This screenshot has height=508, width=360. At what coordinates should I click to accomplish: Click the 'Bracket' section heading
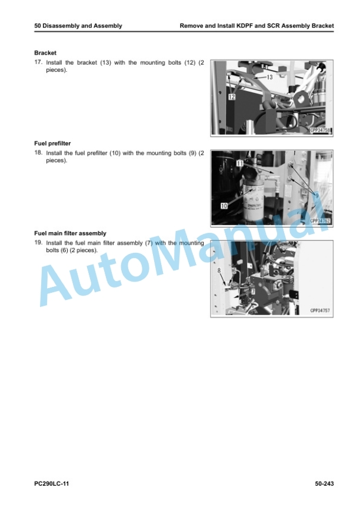click(x=45, y=53)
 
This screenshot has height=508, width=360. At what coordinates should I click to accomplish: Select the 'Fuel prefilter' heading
click(x=52, y=143)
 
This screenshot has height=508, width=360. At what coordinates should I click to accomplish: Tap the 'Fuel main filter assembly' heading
click(x=71, y=233)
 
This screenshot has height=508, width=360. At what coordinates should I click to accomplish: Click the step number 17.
click(x=38, y=62)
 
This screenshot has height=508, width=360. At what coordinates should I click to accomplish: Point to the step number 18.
click(x=38, y=152)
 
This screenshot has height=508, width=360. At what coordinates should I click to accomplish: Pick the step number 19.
click(x=38, y=242)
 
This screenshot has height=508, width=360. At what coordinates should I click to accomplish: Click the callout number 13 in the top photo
click(x=269, y=77)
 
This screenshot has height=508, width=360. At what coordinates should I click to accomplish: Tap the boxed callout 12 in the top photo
click(x=232, y=96)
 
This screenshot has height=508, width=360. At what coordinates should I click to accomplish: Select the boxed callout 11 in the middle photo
click(x=240, y=163)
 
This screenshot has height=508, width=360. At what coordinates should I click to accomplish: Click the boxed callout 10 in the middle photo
click(x=224, y=206)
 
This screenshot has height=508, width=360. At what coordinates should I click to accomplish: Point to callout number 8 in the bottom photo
click(x=219, y=270)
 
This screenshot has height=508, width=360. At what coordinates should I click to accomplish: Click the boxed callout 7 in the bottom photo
click(x=253, y=291)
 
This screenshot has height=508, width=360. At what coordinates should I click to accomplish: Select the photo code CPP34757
click(x=320, y=310)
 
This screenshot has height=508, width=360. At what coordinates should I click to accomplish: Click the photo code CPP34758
click(x=320, y=131)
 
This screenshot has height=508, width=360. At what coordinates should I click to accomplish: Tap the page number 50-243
click(x=324, y=484)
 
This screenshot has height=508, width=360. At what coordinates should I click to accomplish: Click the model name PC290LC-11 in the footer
click(x=52, y=484)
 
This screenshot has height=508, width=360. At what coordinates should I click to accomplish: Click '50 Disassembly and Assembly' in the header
click(x=78, y=26)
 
